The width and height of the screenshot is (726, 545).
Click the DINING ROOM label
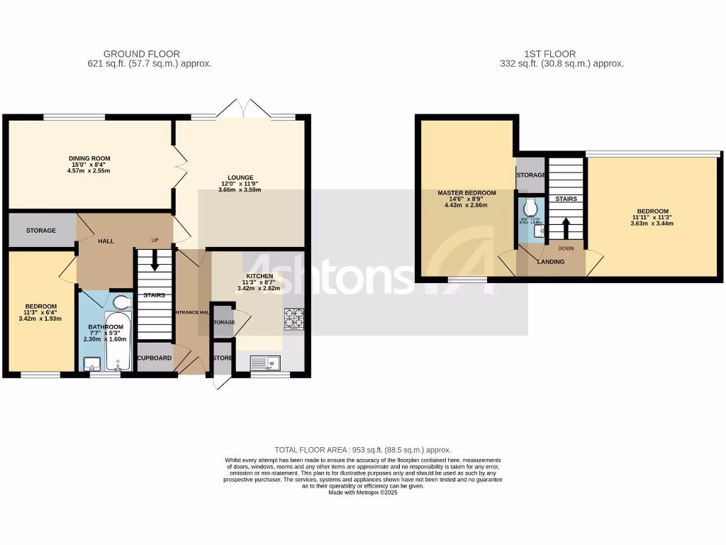[89, 158]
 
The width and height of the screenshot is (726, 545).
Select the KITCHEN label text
[259, 275]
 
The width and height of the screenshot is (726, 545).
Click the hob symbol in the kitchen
[294, 319]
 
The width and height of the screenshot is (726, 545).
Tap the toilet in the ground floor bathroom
[123, 303]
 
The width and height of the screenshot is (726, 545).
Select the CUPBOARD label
[155, 358]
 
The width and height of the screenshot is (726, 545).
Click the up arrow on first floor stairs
[566, 226]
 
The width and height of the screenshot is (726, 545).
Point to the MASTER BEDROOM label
[467, 193]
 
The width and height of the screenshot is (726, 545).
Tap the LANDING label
[551, 262]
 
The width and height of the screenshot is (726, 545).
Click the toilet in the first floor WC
[531, 208]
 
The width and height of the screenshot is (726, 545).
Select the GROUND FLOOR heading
[142, 54]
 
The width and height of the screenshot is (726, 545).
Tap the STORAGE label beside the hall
[41, 231]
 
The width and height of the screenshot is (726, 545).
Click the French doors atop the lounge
[243, 109]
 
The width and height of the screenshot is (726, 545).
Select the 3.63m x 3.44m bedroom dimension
[652, 224]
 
